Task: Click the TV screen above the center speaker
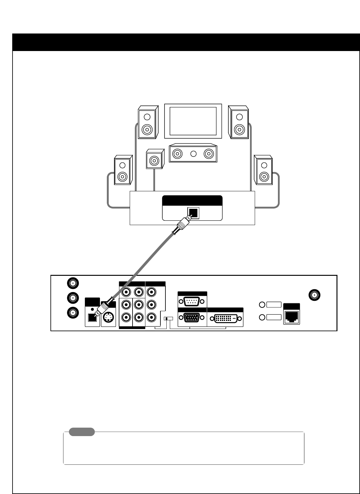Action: point(193,121)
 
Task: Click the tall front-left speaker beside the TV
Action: point(147,122)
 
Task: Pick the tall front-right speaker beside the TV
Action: point(239,122)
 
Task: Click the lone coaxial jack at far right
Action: point(314,295)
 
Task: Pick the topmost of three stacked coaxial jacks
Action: point(73,283)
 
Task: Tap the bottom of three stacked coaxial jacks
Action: point(73,312)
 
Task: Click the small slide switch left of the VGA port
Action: point(168,318)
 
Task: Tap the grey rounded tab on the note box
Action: point(82,432)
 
